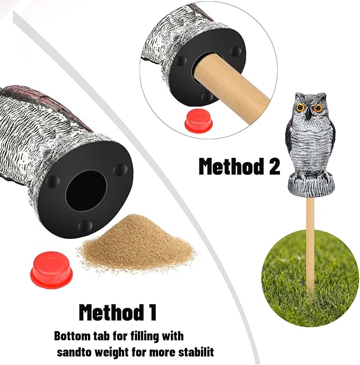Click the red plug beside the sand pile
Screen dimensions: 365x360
click(x=51, y=270)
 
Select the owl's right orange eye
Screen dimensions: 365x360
click(x=318, y=108)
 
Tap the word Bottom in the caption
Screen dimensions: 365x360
click(x=71, y=336)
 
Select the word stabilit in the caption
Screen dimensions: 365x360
click(x=197, y=351)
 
